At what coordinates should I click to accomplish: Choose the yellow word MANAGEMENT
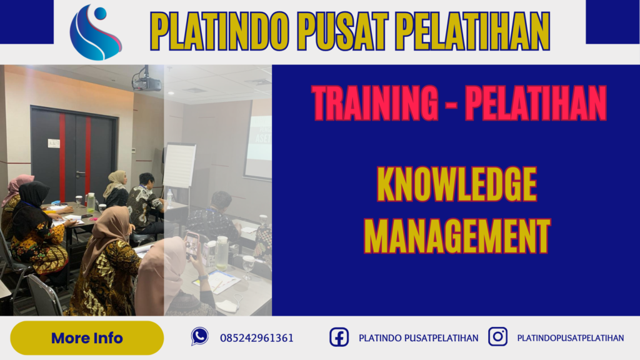point(457,236)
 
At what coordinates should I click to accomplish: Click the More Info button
point(87,338)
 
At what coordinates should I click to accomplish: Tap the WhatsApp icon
point(200,337)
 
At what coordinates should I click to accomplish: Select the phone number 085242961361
point(256,338)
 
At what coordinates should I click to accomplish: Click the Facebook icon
point(339,337)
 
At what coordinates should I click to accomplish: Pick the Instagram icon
point(497,337)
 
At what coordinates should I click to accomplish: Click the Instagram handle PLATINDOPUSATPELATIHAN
point(570,338)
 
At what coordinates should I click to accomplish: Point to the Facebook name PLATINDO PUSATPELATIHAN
point(418,338)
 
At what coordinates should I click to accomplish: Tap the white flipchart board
point(179,165)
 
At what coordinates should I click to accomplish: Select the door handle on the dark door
point(80,173)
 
